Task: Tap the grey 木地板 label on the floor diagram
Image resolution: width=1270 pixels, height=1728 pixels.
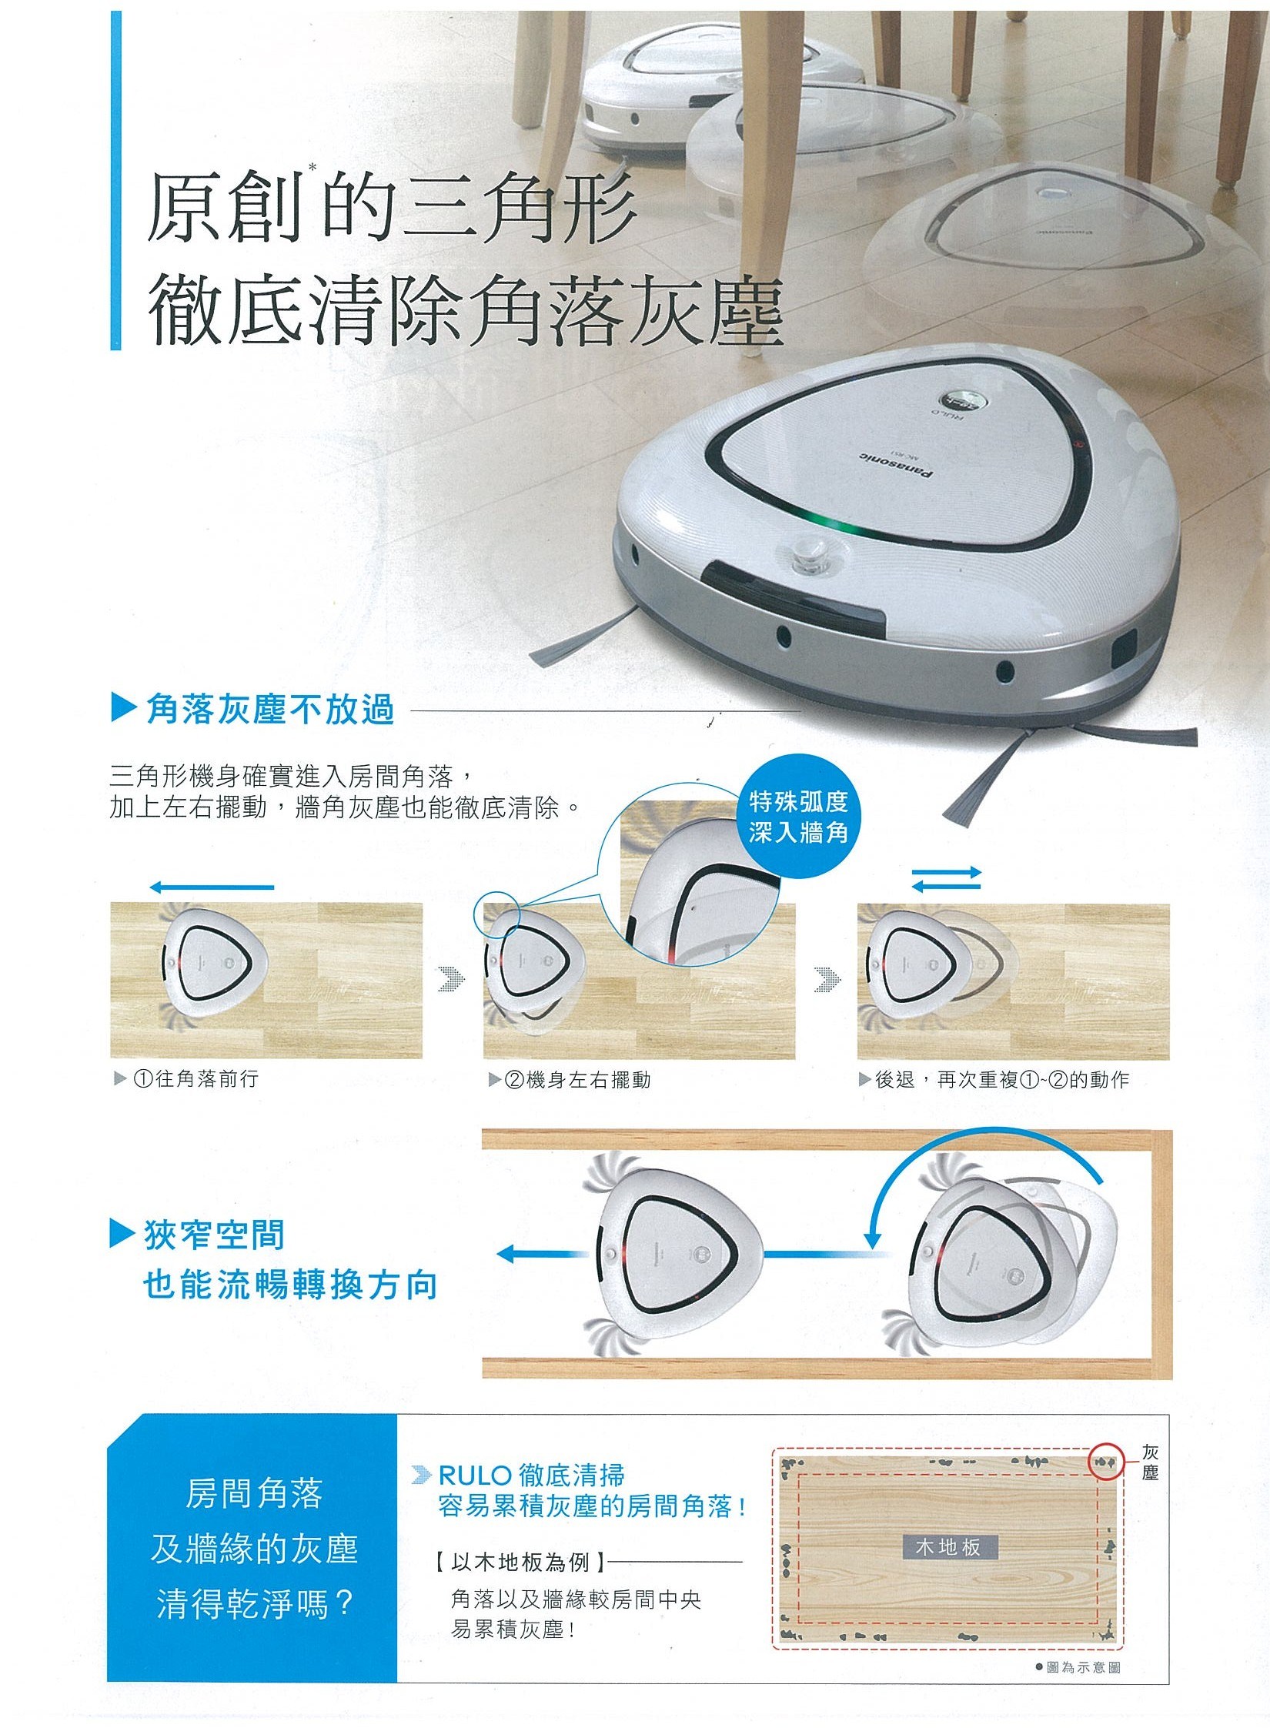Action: pos(948,1546)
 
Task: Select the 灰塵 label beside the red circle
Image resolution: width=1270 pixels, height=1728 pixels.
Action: pos(1150,1462)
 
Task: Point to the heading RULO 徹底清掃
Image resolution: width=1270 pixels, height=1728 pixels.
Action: pos(531,1475)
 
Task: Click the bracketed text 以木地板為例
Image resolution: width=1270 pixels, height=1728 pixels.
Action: pos(520,1562)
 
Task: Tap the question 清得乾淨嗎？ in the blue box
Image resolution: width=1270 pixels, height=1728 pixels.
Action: pos(255,1605)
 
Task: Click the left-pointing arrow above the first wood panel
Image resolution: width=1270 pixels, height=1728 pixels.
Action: pos(212,887)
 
